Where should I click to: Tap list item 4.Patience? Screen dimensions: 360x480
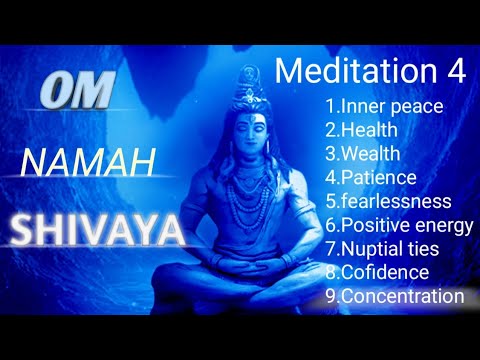tap(368, 177)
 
